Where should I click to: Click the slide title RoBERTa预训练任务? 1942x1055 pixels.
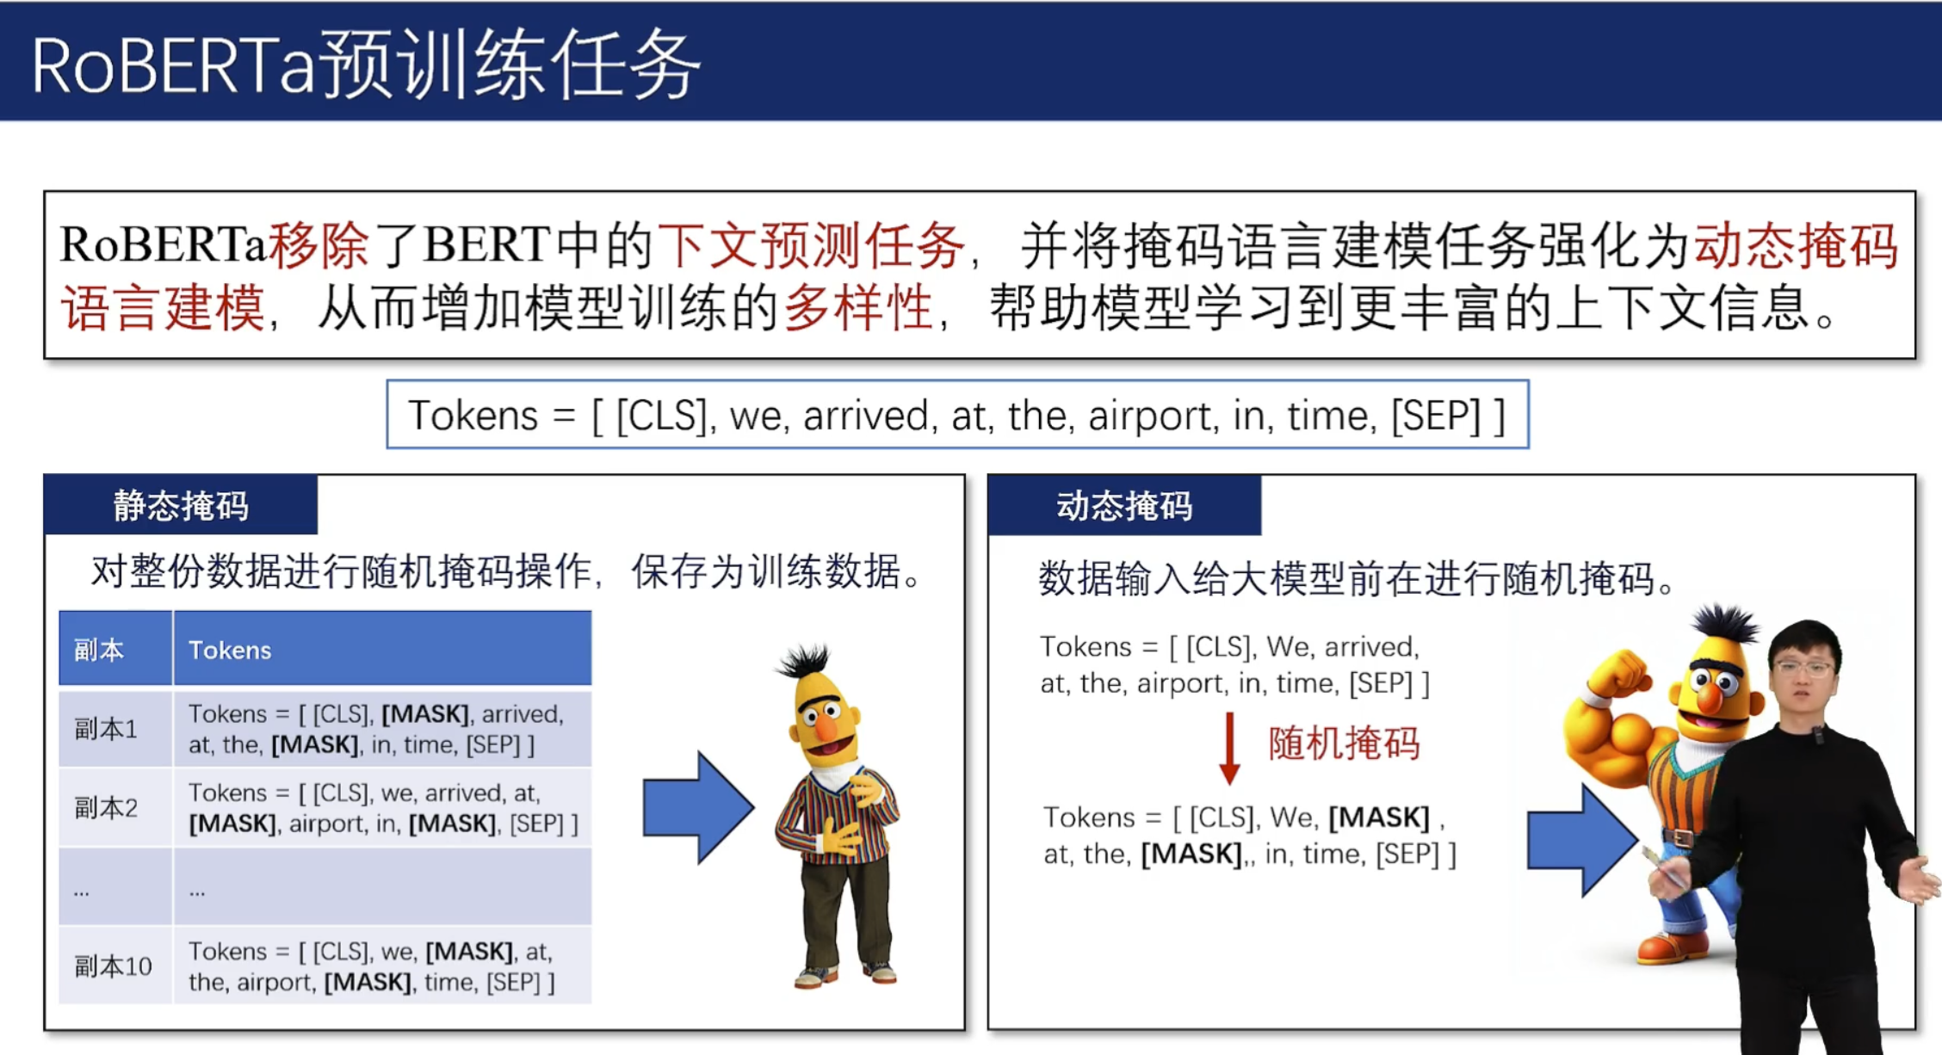(366, 65)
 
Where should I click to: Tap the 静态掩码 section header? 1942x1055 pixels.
(181, 505)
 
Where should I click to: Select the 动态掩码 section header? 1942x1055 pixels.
(1124, 505)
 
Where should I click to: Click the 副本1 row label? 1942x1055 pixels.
(106, 729)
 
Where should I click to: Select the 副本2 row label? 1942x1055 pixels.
(106, 808)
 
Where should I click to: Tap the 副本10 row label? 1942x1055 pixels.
(113, 966)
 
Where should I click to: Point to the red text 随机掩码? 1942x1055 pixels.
(1344, 743)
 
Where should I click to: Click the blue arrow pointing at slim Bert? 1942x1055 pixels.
(699, 807)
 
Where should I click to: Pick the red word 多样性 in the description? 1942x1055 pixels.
(858, 307)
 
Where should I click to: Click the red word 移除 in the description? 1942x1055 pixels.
(319, 244)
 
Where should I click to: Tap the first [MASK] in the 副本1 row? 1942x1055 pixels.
(425, 714)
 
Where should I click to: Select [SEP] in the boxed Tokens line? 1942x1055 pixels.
(1436, 416)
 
